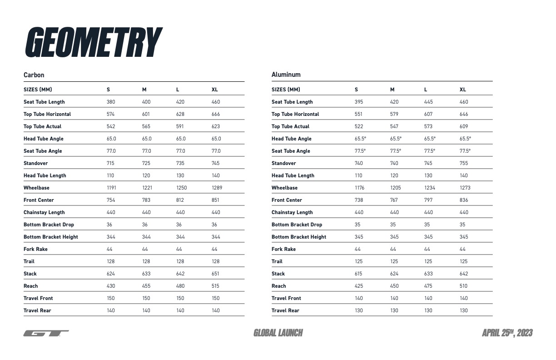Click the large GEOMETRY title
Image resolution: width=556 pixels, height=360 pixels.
pyautogui.click(x=93, y=43)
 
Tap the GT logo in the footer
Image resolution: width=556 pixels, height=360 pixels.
pyautogui.click(x=46, y=333)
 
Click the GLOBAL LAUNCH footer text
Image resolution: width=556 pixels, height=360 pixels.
pyautogui.click(x=278, y=333)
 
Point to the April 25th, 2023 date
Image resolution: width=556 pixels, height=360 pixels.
pyautogui.click(x=507, y=333)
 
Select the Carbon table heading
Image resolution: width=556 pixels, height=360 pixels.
pyautogui.click(x=34, y=75)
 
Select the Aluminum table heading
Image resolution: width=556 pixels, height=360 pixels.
pyautogui.click(x=286, y=75)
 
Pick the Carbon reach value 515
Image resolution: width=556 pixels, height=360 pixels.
pyautogui.click(x=215, y=286)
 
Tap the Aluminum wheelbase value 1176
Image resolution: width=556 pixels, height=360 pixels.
pyautogui.click(x=359, y=188)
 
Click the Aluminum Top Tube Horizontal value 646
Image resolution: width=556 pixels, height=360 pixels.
pyautogui.click(x=463, y=114)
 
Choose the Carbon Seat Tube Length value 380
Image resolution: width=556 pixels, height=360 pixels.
pyautogui.click(x=111, y=102)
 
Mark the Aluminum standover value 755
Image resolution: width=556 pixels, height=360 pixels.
pyautogui.click(x=463, y=163)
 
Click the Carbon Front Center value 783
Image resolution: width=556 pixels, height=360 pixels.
pyautogui.click(x=146, y=200)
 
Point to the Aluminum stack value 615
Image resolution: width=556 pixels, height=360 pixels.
pyautogui.click(x=358, y=274)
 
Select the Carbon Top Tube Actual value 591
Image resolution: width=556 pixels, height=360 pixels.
pyautogui.click(x=180, y=126)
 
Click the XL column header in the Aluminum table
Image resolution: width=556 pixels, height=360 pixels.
pyautogui.click(x=462, y=90)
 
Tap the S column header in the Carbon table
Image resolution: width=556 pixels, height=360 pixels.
pyautogui.click(x=108, y=90)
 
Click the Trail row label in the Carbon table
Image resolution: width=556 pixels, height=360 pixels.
pyautogui.click(x=29, y=261)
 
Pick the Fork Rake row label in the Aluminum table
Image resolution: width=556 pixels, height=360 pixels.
pyautogui.click(x=283, y=249)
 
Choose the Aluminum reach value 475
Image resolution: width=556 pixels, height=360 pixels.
pyautogui.click(x=428, y=286)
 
